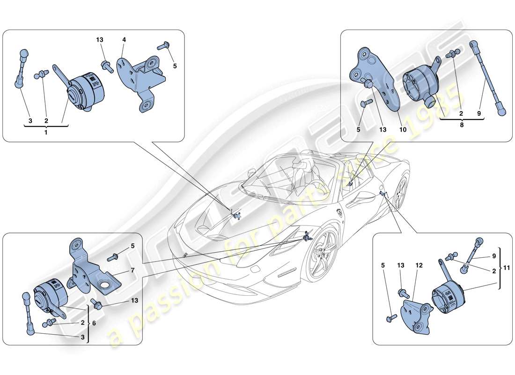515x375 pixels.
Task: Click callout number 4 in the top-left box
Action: coord(124,40)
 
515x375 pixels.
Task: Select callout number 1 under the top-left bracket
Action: coord(46,133)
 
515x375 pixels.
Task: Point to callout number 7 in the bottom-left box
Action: coord(133,270)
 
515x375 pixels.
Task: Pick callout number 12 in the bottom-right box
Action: coord(419,265)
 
